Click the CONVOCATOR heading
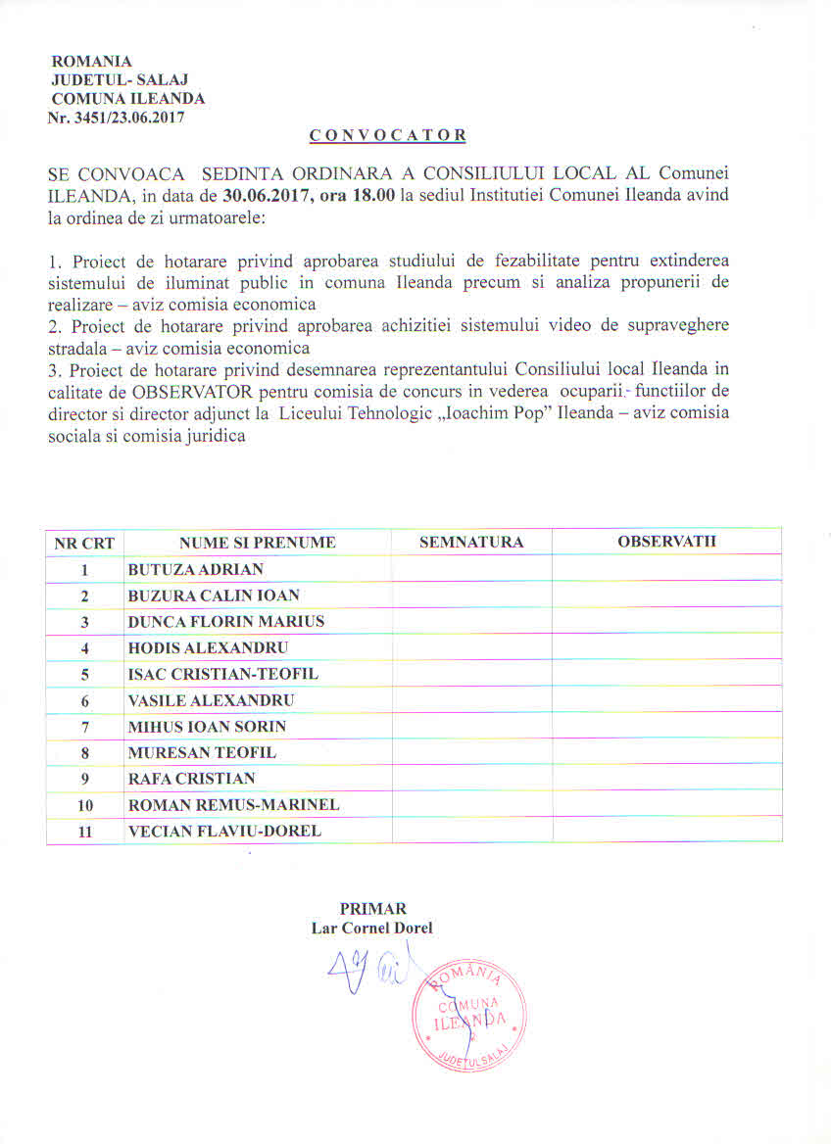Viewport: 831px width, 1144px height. pyautogui.click(x=388, y=135)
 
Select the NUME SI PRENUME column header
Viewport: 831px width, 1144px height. pyautogui.click(x=258, y=543)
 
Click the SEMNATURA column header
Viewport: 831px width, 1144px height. pyautogui.click(x=471, y=543)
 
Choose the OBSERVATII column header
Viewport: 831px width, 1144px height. pyautogui.click(x=666, y=542)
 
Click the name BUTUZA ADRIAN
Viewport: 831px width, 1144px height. pyautogui.click(x=195, y=569)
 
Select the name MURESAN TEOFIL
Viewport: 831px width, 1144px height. pyautogui.click(x=202, y=752)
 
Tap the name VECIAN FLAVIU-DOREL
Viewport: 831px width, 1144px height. pyautogui.click(x=224, y=832)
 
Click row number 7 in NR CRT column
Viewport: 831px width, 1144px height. pyautogui.click(x=85, y=727)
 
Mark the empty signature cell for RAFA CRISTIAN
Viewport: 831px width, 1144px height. pyautogui.click(x=471, y=779)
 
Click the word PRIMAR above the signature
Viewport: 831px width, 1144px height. pyautogui.click(x=372, y=908)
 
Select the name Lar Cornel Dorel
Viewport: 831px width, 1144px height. pyautogui.click(x=371, y=928)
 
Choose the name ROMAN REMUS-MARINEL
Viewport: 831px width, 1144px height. pyautogui.click(x=233, y=805)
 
